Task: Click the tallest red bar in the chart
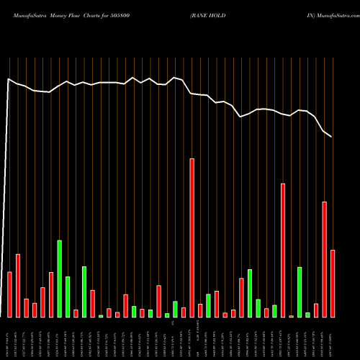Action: [192, 238]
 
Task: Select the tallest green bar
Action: [59, 279]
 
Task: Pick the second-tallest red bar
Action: [283, 250]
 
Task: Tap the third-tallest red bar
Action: [325, 259]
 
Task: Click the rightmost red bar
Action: [333, 283]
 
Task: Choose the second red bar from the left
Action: [18, 285]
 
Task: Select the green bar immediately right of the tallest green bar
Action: [68, 297]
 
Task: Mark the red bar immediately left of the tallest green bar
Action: [51, 294]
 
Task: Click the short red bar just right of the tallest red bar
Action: [200, 310]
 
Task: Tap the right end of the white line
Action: [331, 136]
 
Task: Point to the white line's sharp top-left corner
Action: [9, 79]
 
